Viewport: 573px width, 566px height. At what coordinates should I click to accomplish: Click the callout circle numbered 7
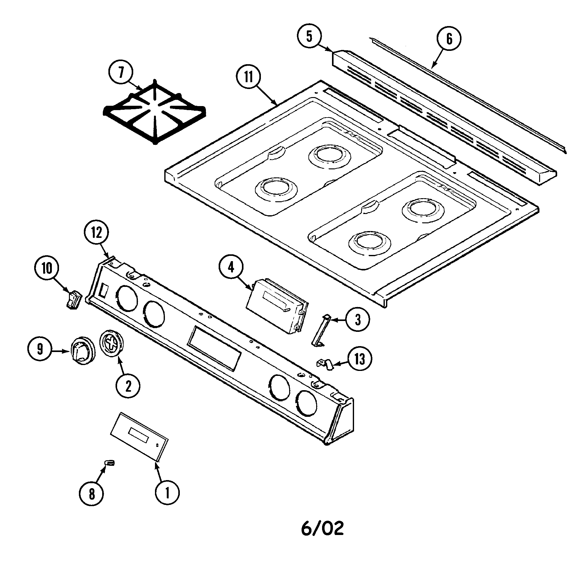pyautogui.click(x=121, y=73)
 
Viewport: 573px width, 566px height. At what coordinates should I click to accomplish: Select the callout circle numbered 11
pyautogui.click(x=248, y=77)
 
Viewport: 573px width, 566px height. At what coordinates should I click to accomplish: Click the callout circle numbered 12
pyautogui.click(x=96, y=233)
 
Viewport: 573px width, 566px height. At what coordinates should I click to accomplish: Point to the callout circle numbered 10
pyautogui.click(x=47, y=269)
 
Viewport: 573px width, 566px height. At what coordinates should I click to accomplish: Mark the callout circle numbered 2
pyautogui.click(x=128, y=386)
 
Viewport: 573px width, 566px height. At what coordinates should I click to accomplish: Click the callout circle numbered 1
pyautogui.click(x=167, y=492)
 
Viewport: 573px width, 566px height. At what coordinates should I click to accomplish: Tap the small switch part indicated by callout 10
pyautogui.click(x=74, y=299)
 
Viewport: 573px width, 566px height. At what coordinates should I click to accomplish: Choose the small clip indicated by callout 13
pyautogui.click(x=325, y=364)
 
